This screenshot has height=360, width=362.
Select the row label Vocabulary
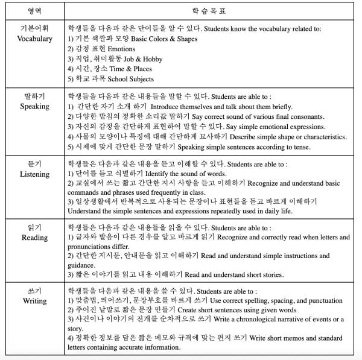(34, 39)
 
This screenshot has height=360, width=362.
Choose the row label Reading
(34, 238)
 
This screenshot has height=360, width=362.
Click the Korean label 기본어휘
(34, 29)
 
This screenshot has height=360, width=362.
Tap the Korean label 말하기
(34, 96)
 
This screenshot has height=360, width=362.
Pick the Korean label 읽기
(34, 227)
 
